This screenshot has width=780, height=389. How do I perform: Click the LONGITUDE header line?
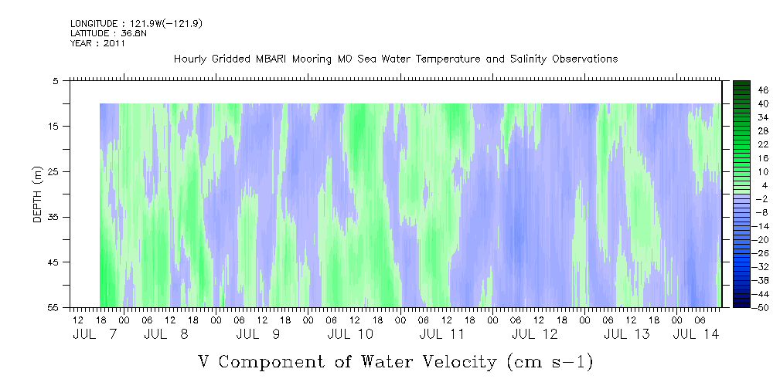pos(136,23)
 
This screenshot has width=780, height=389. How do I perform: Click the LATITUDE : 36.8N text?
pos(108,33)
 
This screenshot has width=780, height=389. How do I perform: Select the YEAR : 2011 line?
pos(97,43)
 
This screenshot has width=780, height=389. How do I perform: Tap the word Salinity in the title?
pos(528,59)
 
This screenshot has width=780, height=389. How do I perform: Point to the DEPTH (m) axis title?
pos(38,194)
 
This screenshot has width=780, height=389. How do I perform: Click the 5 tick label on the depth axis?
pos(55,80)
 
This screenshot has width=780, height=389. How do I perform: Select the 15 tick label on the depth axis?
pos(53,126)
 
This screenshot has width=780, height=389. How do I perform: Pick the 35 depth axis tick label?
pos(53,217)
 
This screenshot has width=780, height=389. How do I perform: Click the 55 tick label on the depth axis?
pos(53,307)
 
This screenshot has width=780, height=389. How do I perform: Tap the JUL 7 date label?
pos(94,334)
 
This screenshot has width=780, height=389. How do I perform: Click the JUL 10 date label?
pos(350,334)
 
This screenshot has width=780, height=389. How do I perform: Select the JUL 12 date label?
pos(535,334)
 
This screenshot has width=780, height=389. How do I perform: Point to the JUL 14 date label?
pos(696,334)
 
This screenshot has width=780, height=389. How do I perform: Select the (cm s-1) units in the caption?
pos(550,362)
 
